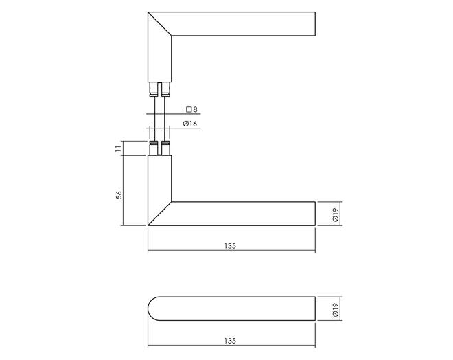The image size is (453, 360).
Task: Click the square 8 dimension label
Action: (x=191, y=110)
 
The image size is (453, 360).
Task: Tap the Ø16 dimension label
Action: (x=190, y=124)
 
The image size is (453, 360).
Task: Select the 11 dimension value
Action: (x=118, y=148)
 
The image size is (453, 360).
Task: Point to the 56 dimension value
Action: (x=119, y=195)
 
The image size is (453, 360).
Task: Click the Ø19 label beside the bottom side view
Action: (x=336, y=310)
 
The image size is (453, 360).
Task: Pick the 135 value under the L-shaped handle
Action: (x=230, y=246)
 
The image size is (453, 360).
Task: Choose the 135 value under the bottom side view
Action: (x=230, y=341)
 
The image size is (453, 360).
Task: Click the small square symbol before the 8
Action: (x=189, y=110)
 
